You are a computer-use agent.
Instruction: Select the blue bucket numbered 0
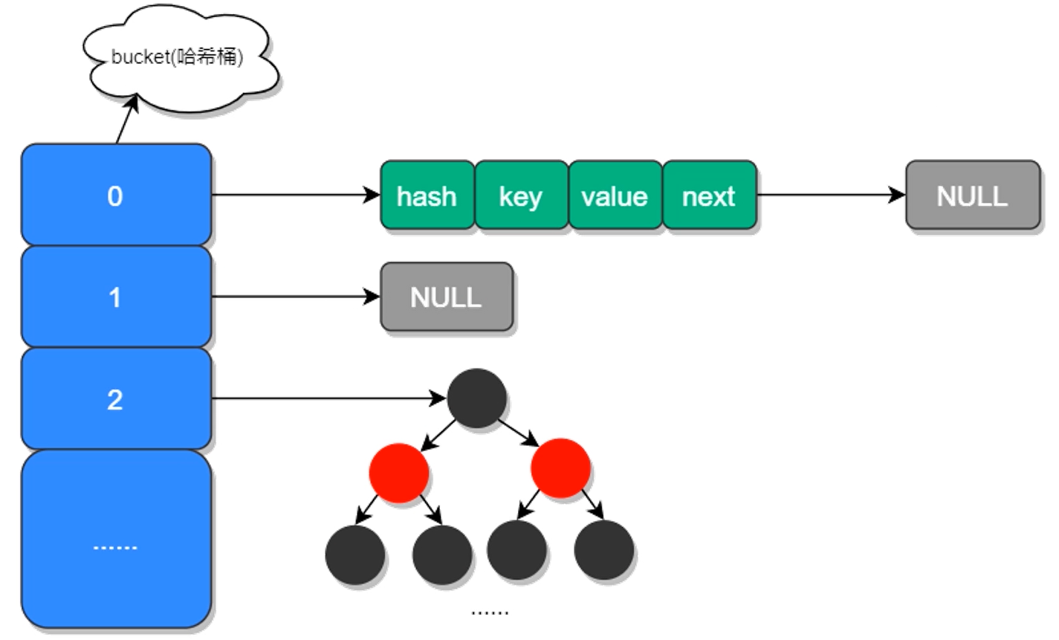116,195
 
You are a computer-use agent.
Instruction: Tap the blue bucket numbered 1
116,297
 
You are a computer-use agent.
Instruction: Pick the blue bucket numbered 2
116,398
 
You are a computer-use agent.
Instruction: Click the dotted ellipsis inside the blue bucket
115,547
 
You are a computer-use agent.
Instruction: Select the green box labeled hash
427,195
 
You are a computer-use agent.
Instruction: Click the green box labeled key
522,195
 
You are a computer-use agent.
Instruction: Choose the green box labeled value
615,195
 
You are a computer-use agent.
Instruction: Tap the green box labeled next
710,195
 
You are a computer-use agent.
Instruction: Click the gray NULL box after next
973,195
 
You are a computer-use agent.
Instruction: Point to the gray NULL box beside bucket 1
447,297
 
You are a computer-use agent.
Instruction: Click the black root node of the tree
476,398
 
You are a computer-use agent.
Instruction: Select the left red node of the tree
399,473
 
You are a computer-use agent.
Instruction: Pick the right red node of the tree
560,468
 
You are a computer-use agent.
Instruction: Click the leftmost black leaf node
355,555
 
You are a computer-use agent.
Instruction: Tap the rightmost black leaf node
604,549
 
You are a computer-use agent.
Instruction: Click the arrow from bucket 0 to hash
296,195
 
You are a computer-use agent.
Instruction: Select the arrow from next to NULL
831,195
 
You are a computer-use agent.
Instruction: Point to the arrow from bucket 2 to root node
329,398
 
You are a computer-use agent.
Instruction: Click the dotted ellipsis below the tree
490,613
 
